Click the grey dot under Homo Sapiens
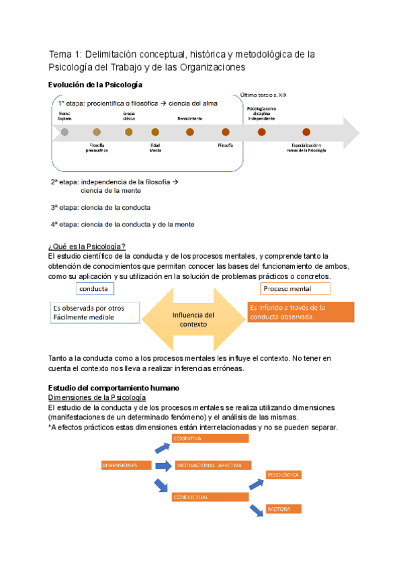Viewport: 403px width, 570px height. click(x=64, y=132)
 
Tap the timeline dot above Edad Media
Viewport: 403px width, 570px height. click(x=155, y=132)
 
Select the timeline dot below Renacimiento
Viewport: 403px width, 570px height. click(x=190, y=132)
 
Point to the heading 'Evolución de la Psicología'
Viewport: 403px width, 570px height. click(x=95, y=85)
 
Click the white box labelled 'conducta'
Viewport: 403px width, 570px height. click(x=95, y=288)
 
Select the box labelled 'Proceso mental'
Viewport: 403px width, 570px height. click(x=296, y=288)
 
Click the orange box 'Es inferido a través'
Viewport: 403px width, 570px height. click(x=300, y=312)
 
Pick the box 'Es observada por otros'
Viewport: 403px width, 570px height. click(x=95, y=312)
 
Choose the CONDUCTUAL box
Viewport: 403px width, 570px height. click(x=209, y=497)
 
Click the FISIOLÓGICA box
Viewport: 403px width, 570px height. click(x=283, y=475)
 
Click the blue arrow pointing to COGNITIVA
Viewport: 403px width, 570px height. click(x=163, y=447)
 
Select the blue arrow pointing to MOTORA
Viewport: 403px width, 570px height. click(x=256, y=511)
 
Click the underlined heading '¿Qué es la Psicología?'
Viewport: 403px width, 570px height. click(x=87, y=245)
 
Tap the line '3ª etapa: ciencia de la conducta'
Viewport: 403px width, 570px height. click(x=100, y=207)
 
